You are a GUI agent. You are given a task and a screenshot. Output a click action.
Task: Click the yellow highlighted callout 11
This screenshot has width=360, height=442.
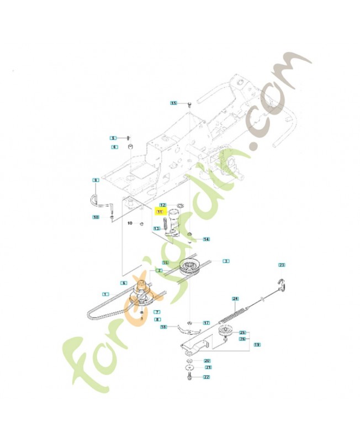tap(160, 212)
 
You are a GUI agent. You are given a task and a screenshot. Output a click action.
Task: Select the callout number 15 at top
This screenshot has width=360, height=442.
tap(173, 103)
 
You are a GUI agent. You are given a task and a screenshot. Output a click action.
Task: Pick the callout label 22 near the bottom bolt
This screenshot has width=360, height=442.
tap(207, 377)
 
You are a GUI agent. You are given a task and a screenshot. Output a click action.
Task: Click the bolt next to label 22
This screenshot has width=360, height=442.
tap(190, 377)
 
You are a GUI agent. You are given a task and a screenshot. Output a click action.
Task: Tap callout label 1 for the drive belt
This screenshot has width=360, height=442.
tap(105, 292)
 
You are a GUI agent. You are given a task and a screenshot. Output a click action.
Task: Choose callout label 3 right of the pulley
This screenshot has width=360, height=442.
tap(226, 260)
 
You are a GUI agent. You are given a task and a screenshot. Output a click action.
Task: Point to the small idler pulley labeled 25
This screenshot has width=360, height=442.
tap(225, 331)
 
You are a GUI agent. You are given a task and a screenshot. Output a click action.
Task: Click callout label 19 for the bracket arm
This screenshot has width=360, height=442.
tap(257, 344)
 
